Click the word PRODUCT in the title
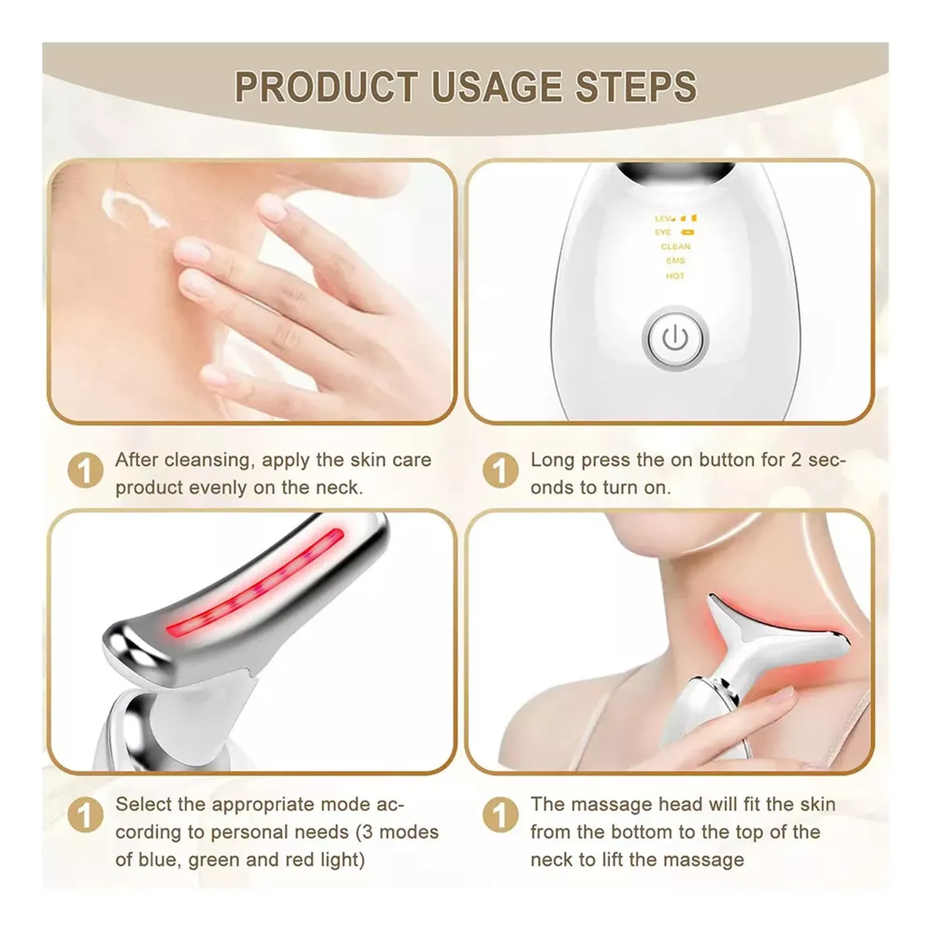[326, 87]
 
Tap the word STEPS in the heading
[636, 87]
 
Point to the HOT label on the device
[675, 276]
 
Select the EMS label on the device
[675, 261]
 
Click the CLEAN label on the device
[675, 247]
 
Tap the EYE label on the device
[663, 233]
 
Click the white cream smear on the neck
[133, 208]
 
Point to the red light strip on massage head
[255, 583]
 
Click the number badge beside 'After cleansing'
[86, 470]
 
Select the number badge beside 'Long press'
[501, 470]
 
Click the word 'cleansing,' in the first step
[209, 461]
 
